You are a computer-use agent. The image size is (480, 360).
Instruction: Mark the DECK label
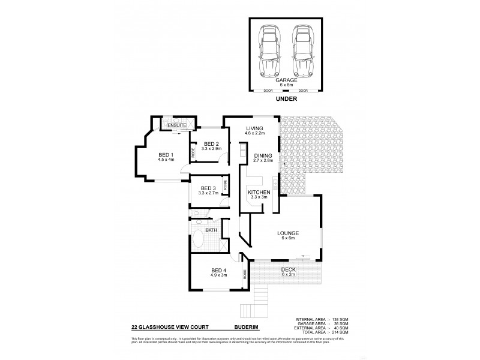click(x=288, y=271)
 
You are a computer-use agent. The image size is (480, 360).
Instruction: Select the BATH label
click(x=211, y=229)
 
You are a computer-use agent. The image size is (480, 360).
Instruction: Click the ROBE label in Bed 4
click(x=245, y=275)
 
